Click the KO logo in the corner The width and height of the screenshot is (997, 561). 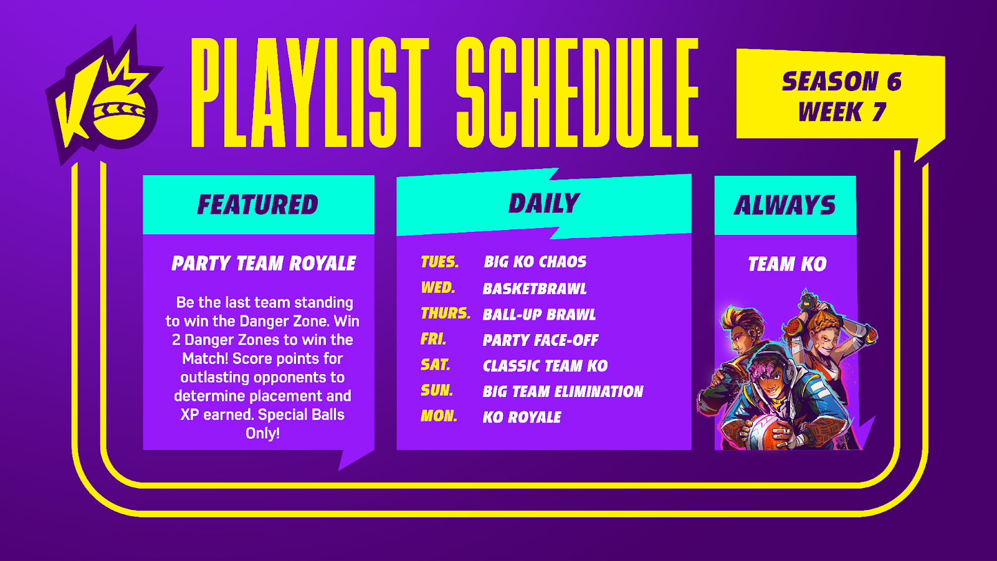coord(105,96)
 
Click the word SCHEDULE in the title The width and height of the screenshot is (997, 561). coord(577,92)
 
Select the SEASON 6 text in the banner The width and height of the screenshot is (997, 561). coord(842,82)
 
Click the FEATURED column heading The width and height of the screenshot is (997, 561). coord(258,205)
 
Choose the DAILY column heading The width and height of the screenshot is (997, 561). coord(544,203)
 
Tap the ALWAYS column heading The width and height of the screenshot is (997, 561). coord(785,205)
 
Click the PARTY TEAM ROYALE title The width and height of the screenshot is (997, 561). coord(264,264)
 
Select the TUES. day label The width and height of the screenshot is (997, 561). coord(440,262)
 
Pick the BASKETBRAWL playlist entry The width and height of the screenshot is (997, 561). coord(535,289)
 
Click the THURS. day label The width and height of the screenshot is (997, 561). coord(446,314)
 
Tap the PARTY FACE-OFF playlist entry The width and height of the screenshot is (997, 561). coord(540,340)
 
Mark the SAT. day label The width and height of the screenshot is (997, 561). coord(436,365)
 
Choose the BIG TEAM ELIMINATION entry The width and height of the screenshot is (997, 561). coord(563,392)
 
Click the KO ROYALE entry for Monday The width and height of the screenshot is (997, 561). coord(522,418)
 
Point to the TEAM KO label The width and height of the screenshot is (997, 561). coord(787,264)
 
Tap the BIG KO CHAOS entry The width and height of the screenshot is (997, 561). coord(535,262)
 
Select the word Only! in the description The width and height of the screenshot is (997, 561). coord(262,433)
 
